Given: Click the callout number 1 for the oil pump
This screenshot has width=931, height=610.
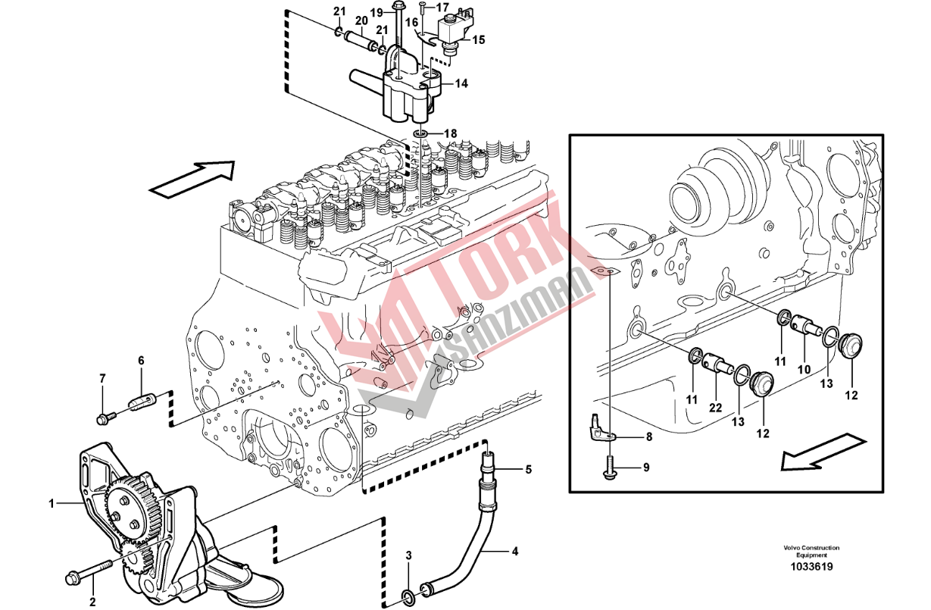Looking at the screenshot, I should point(52,502).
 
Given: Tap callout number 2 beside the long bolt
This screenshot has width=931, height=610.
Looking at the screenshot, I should point(92,603).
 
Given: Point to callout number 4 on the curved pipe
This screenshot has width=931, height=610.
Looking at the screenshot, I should point(515,552).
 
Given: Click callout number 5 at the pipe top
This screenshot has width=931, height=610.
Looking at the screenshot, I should point(528,470).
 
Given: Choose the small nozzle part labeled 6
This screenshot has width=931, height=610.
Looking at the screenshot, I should point(142,400).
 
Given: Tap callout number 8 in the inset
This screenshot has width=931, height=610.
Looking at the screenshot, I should point(648,436).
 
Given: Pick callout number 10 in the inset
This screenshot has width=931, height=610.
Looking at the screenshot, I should point(804,369).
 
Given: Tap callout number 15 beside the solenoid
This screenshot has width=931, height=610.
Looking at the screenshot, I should point(479,39).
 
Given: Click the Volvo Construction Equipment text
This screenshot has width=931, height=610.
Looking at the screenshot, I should point(811,552).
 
